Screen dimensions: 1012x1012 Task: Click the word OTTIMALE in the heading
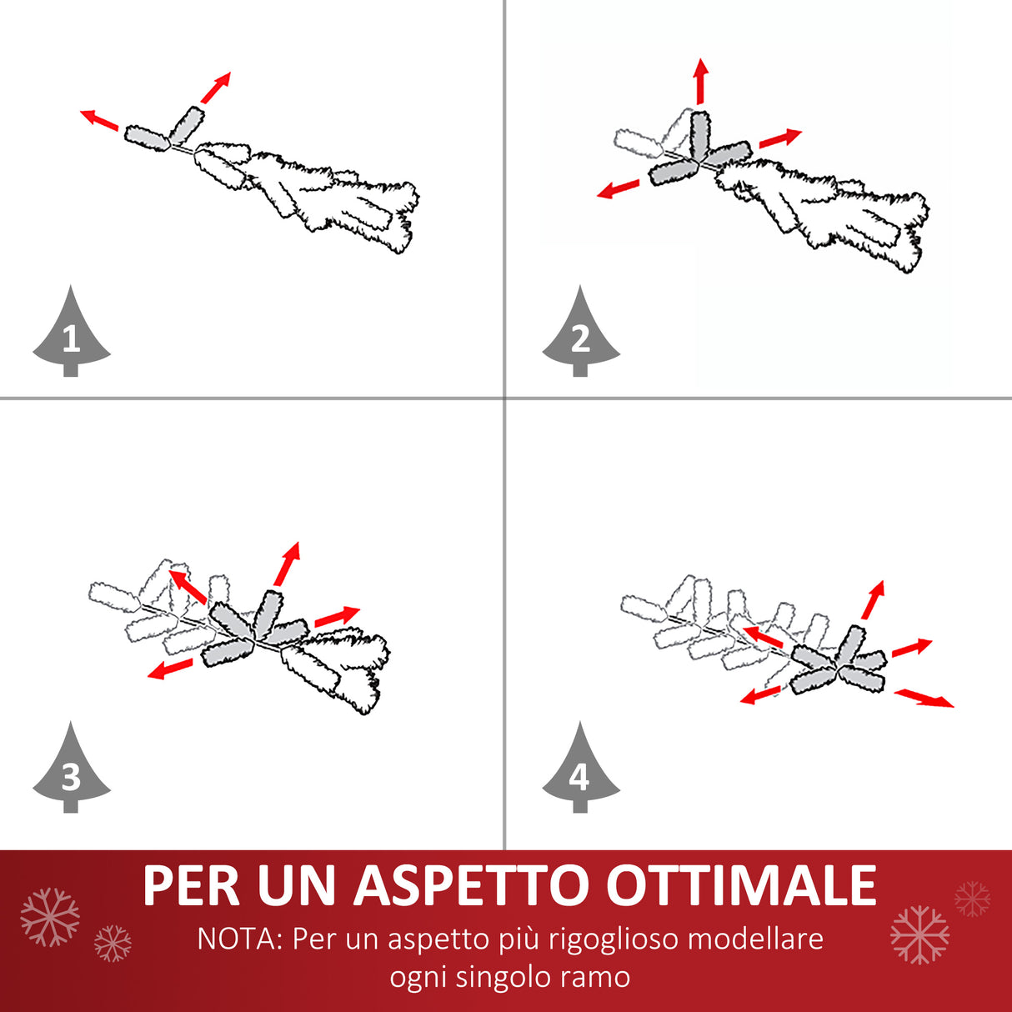[x=741, y=885]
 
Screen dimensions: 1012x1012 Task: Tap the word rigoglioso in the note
[x=608, y=939]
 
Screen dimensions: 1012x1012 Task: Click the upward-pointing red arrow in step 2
[x=701, y=81]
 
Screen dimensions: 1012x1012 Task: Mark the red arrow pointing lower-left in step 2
[x=620, y=188]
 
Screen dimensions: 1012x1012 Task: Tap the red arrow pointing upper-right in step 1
[x=215, y=88]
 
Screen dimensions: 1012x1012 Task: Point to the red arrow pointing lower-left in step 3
[x=170, y=669]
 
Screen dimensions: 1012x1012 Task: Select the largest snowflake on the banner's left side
[x=50, y=917]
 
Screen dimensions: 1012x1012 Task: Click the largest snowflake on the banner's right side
[x=919, y=934]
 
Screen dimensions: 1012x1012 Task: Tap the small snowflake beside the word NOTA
[x=113, y=944]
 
